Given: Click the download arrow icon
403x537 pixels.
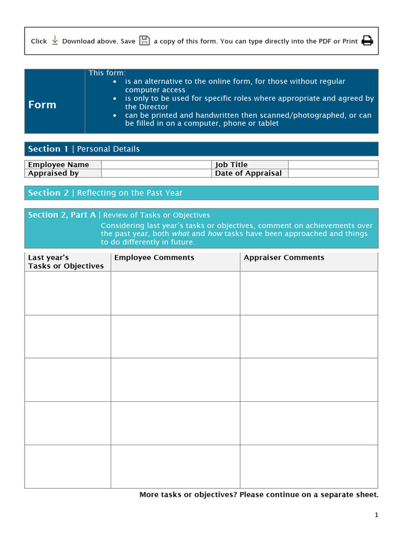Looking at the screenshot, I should [x=55, y=40].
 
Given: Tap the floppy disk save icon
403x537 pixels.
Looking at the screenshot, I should [x=144, y=40].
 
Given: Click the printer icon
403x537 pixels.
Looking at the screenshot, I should [x=367, y=40].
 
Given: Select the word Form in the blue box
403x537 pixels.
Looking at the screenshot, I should [x=42, y=104].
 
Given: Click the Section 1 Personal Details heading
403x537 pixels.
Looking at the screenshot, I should [x=84, y=149].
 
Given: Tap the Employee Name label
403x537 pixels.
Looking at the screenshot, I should [x=58, y=165].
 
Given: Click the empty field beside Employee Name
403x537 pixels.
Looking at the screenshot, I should [x=156, y=165].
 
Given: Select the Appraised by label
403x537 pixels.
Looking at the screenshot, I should [x=54, y=173].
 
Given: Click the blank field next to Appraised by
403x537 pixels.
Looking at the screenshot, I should [x=156, y=173].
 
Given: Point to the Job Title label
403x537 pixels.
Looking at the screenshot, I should [x=231, y=165].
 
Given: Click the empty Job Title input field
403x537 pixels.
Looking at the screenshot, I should [x=333, y=165].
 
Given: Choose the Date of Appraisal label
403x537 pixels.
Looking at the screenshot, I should [x=248, y=173].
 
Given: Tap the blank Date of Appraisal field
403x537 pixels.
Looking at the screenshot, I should [x=333, y=173].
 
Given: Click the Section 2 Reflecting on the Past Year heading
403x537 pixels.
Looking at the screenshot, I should [x=105, y=193].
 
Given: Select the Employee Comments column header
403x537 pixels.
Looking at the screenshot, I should [x=154, y=257].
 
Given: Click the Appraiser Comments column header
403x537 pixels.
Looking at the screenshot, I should [x=284, y=257].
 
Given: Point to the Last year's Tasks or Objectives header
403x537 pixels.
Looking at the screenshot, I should [x=66, y=262].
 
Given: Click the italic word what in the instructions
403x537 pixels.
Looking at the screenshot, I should [x=181, y=234].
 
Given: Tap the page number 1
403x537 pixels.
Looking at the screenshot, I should [x=376, y=515].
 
